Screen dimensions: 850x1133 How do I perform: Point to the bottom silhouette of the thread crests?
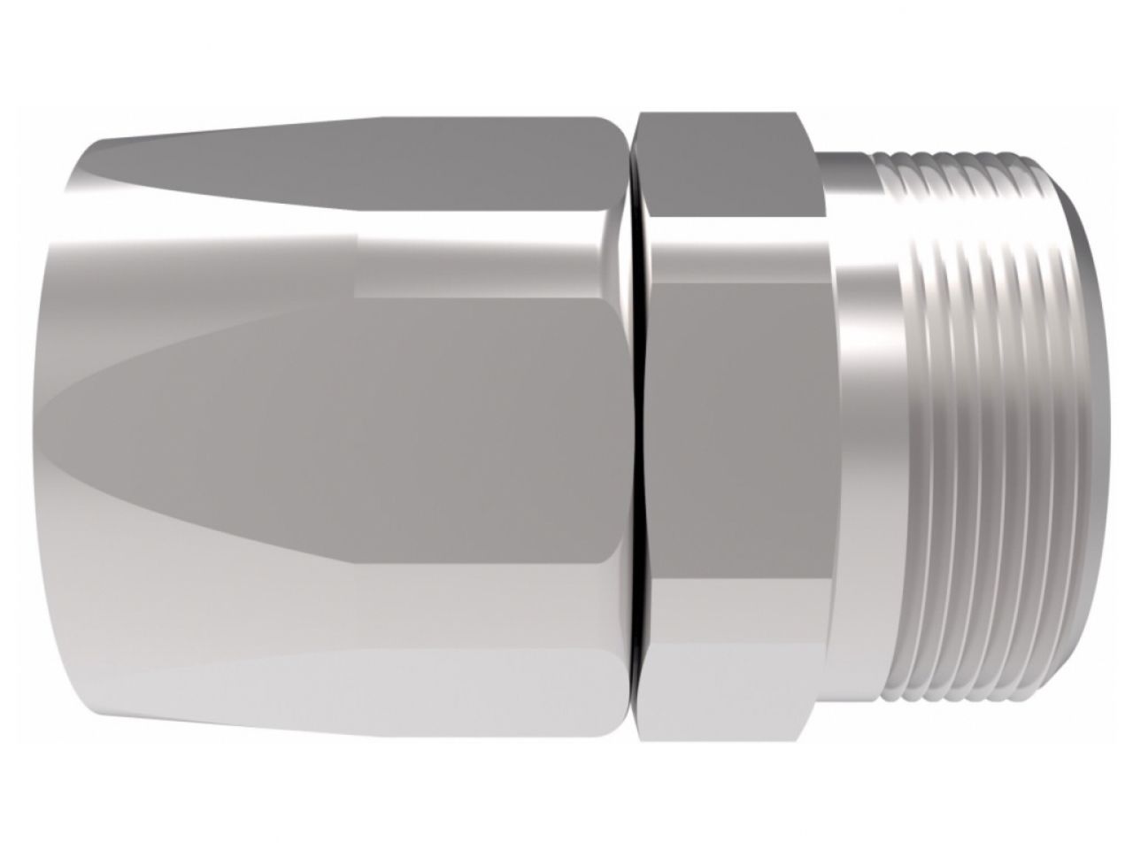click(x=974, y=699)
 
